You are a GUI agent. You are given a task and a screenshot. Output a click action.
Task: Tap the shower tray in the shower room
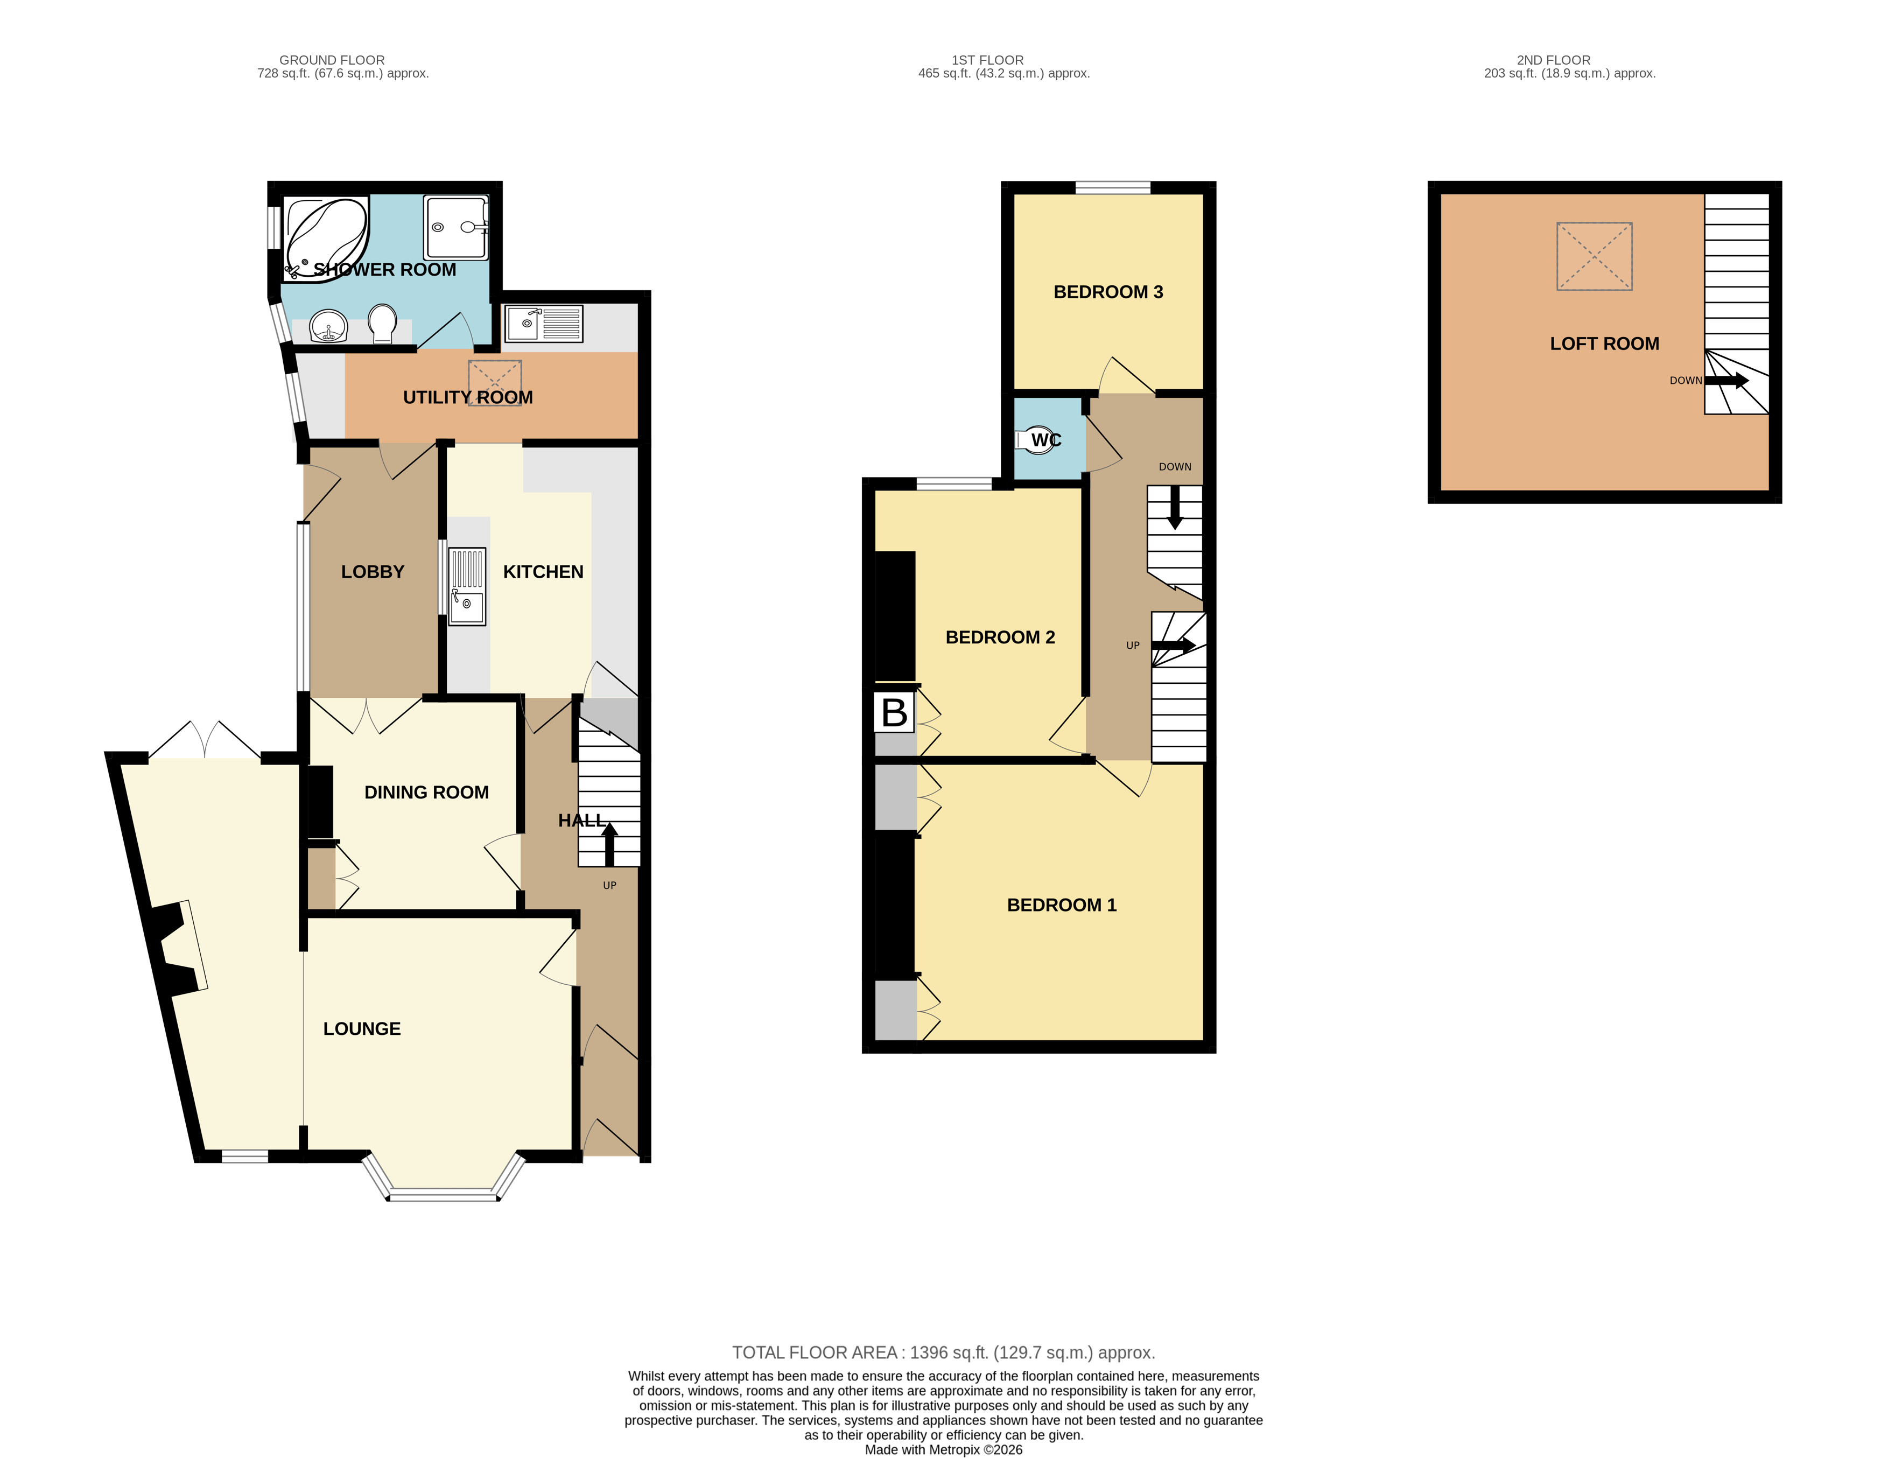click(x=455, y=227)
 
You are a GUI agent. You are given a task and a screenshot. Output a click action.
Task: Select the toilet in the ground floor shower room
click(x=382, y=324)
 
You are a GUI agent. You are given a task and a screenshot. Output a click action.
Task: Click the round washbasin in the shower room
click(x=328, y=327)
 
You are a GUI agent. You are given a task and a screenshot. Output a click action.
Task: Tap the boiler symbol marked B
click(x=894, y=712)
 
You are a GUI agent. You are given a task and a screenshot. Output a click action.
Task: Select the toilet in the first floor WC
click(x=1039, y=440)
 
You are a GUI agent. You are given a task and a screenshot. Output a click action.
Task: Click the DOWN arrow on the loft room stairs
click(x=1726, y=381)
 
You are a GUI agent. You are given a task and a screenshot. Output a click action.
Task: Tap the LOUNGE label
click(x=361, y=1029)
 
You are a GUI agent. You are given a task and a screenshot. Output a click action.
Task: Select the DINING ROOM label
click(x=426, y=792)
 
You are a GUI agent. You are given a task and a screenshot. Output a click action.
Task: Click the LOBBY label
click(x=373, y=572)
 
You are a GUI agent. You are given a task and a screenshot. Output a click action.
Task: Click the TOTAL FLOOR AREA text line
click(x=943, y=1352)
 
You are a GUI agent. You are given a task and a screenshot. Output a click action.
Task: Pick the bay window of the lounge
click(x=444, y=1194)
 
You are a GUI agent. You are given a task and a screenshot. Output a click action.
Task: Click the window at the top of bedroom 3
click(x=1113, y=188)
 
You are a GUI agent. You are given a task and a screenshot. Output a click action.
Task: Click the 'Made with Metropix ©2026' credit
click(x=943, y=1449)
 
